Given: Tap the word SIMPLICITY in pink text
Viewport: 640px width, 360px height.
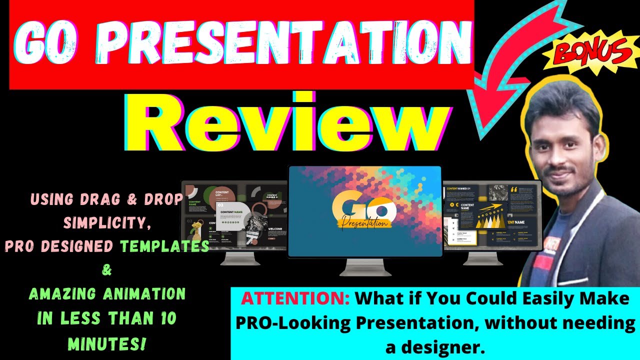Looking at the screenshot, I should [x=107, y=222].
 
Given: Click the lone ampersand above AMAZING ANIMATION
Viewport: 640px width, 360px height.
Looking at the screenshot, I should [x=107, y=270].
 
